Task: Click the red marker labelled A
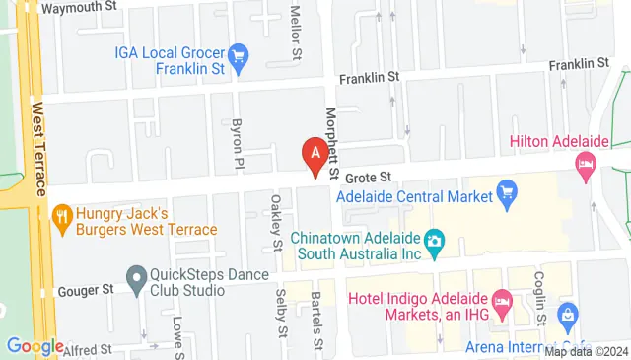(x=315, y=155)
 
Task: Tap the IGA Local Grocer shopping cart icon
(x=238, y=58)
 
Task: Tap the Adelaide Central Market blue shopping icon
(x=508, y=190)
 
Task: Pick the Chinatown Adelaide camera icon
(x=433, y=240)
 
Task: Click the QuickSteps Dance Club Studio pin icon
(x=135, y=273)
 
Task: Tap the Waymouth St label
(x=80, y=7)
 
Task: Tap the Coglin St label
(x=540, y=299)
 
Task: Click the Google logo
(x=35, y=346)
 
